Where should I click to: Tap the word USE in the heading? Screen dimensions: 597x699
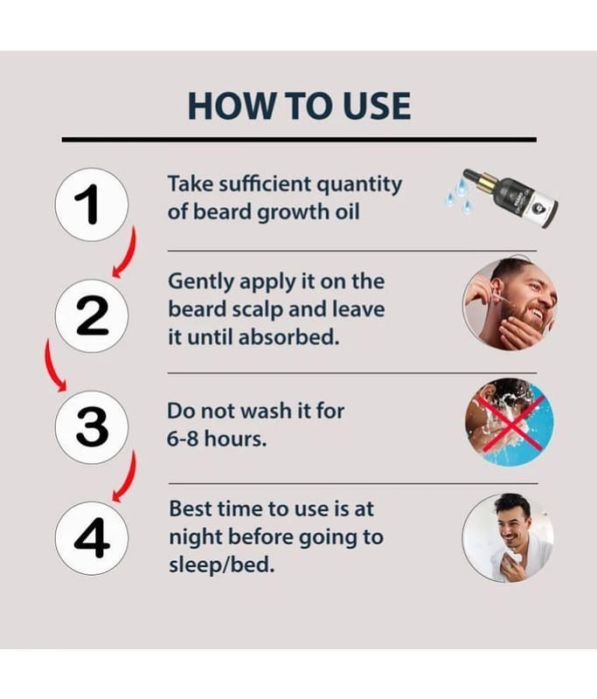(x=374, y=106)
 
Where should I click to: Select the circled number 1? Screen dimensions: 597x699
(x=92, y=204)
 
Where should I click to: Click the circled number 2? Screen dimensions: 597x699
(x=92, y=315)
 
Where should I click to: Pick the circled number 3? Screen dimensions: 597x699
(x=92, y=426)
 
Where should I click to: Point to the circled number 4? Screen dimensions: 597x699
(x=92, y=537)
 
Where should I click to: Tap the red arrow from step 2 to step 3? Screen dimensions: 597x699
(x=51, y=365)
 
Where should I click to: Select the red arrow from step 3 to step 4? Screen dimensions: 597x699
(x=128, y=477)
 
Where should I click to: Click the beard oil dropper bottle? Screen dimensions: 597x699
(x=510, y=197)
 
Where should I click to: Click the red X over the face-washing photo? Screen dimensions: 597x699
(x=510, y=422)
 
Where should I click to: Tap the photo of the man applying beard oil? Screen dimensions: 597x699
(x=510, y=303)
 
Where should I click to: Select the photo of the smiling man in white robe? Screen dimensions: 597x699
(x=508, y=537)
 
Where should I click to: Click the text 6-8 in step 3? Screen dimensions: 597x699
(x=183, y=439)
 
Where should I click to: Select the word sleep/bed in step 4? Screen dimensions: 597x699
(x=222, y=565)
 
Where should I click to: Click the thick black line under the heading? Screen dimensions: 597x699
(x=299, y=140)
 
